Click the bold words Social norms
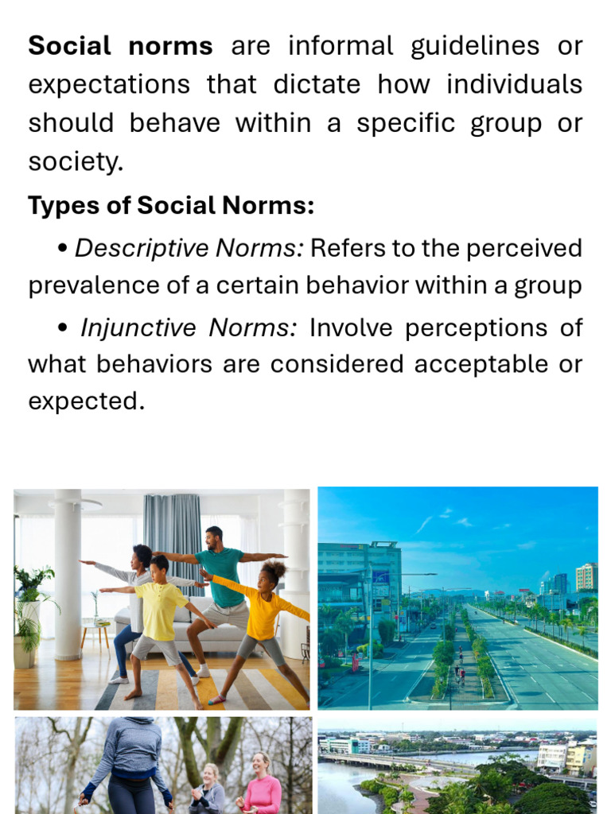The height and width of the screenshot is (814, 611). tap(120, 46)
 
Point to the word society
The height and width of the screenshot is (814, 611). tap(76, 162)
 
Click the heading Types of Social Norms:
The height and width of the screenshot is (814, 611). tap(171, 206)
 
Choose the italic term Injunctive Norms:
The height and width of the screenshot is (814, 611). tap(188, 327)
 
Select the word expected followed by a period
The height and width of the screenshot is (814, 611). tap(86, 401)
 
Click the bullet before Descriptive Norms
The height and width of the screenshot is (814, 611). tap(63, 249)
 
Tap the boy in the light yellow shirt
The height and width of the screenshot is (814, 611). tap(162, 620)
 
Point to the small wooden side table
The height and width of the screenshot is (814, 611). tap(95, 632)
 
